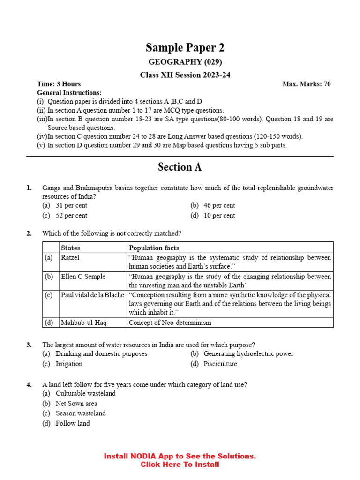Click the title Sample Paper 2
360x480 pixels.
tap(185, 47)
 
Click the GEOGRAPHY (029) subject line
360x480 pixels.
tap(185, 62)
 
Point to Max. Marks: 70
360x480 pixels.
tap(306, 84)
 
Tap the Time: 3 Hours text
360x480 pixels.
tap(59, 84)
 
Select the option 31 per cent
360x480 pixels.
tap(71, 205)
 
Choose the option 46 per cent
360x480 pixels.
tap(219, 205)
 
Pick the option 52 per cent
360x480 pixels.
tap(71, 216)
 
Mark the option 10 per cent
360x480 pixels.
tap(219, 216)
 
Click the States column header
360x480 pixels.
tap(70, 247)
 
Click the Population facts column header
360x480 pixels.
tap(154, 247)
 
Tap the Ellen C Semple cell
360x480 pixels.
tap(83, 277)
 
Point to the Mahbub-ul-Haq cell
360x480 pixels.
tap(83, 322)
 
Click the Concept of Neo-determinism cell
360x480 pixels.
tap(170, 322)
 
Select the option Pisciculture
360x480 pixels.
tap(220, 364)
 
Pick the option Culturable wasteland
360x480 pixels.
tap(85, 393)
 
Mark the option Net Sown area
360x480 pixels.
tap(76, 403)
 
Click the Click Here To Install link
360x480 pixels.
tap(180, 465)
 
